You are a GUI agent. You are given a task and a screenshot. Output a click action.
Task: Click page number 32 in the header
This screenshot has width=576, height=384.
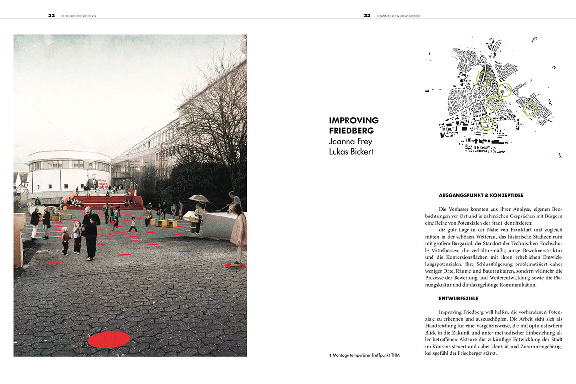click(x=51, y=15)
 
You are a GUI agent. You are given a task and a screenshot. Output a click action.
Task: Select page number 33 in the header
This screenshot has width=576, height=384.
click(x=367, y=15)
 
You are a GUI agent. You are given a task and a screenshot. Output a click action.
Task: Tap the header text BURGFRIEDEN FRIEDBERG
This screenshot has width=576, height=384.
click(x=79, y=16)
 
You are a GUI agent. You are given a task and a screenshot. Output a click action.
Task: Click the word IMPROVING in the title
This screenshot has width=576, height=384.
click(x=354, y=120)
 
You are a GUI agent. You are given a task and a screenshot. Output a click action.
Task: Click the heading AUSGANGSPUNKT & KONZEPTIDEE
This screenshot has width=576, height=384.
click(x=481, y=196)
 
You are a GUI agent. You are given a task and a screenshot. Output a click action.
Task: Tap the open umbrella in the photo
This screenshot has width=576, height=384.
click(x=199, y=198)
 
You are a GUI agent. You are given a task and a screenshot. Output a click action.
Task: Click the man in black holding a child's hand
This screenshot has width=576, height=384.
click(x=91, y=233)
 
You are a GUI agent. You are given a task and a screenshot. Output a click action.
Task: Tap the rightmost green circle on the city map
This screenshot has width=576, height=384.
click(x=530, y=109)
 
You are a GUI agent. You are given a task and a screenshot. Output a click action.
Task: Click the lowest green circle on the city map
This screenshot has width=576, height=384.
click(x=486, y=123)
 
